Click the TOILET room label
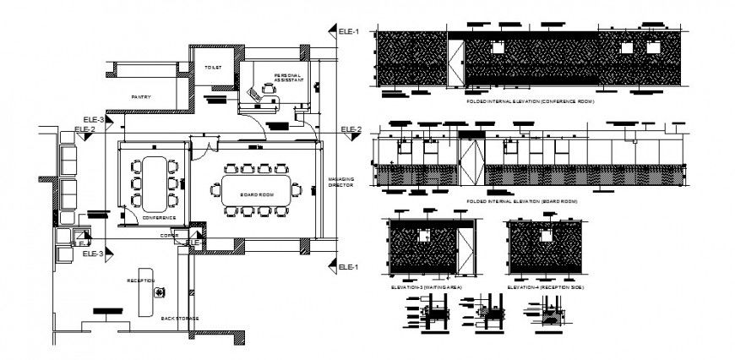pyautogui.click(x=211, y=67)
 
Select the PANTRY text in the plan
pyautogui.click(x=141, y=97)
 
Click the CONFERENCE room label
pyautogui.click(x=159, y=217)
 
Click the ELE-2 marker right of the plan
pyautogui.click(x=351, y=129)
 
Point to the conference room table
pyautogui.click(x=153, y=183)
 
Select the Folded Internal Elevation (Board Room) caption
pyautogui.click(x=522, y=202)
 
